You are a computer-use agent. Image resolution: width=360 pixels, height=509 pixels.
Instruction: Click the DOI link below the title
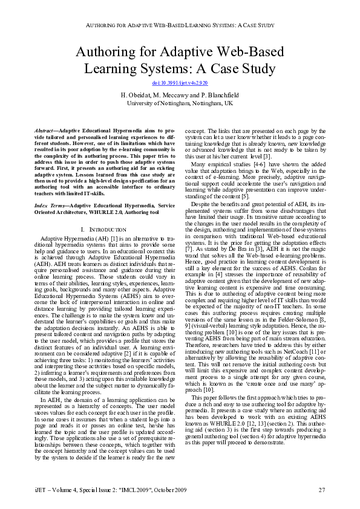pos(179,82)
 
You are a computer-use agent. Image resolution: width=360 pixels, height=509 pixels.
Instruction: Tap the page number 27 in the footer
pos(322,488)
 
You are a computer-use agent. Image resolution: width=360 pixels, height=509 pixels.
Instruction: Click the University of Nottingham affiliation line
pos(179,103)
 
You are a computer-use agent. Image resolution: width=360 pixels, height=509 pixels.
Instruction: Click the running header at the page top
pos(179,27)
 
